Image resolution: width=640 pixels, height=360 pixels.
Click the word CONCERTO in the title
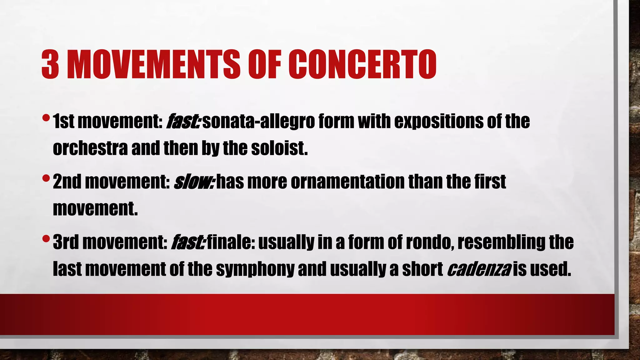point(362,64)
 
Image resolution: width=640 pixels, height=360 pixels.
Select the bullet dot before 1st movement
point(46,118)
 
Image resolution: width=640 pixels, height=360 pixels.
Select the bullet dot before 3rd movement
point(46,239)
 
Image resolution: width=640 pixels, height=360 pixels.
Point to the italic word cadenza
point(479,269)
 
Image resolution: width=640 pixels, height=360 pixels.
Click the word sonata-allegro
point(258,122)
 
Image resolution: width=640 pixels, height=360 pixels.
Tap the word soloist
point(279,149)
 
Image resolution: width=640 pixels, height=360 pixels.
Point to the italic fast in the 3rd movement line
point(188,243)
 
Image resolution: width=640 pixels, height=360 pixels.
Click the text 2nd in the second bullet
point(67,182)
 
